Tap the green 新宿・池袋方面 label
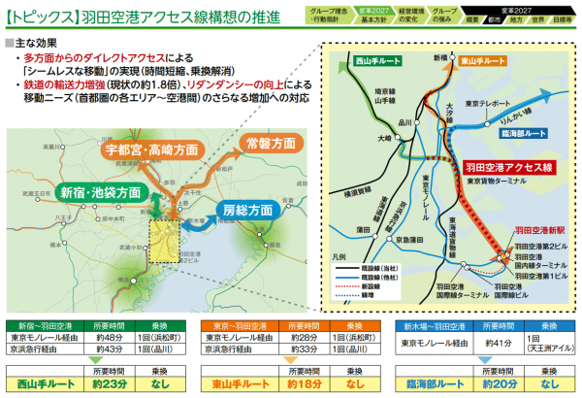click(x=101, y=190)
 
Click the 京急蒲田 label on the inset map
click(x=410, y=238)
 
